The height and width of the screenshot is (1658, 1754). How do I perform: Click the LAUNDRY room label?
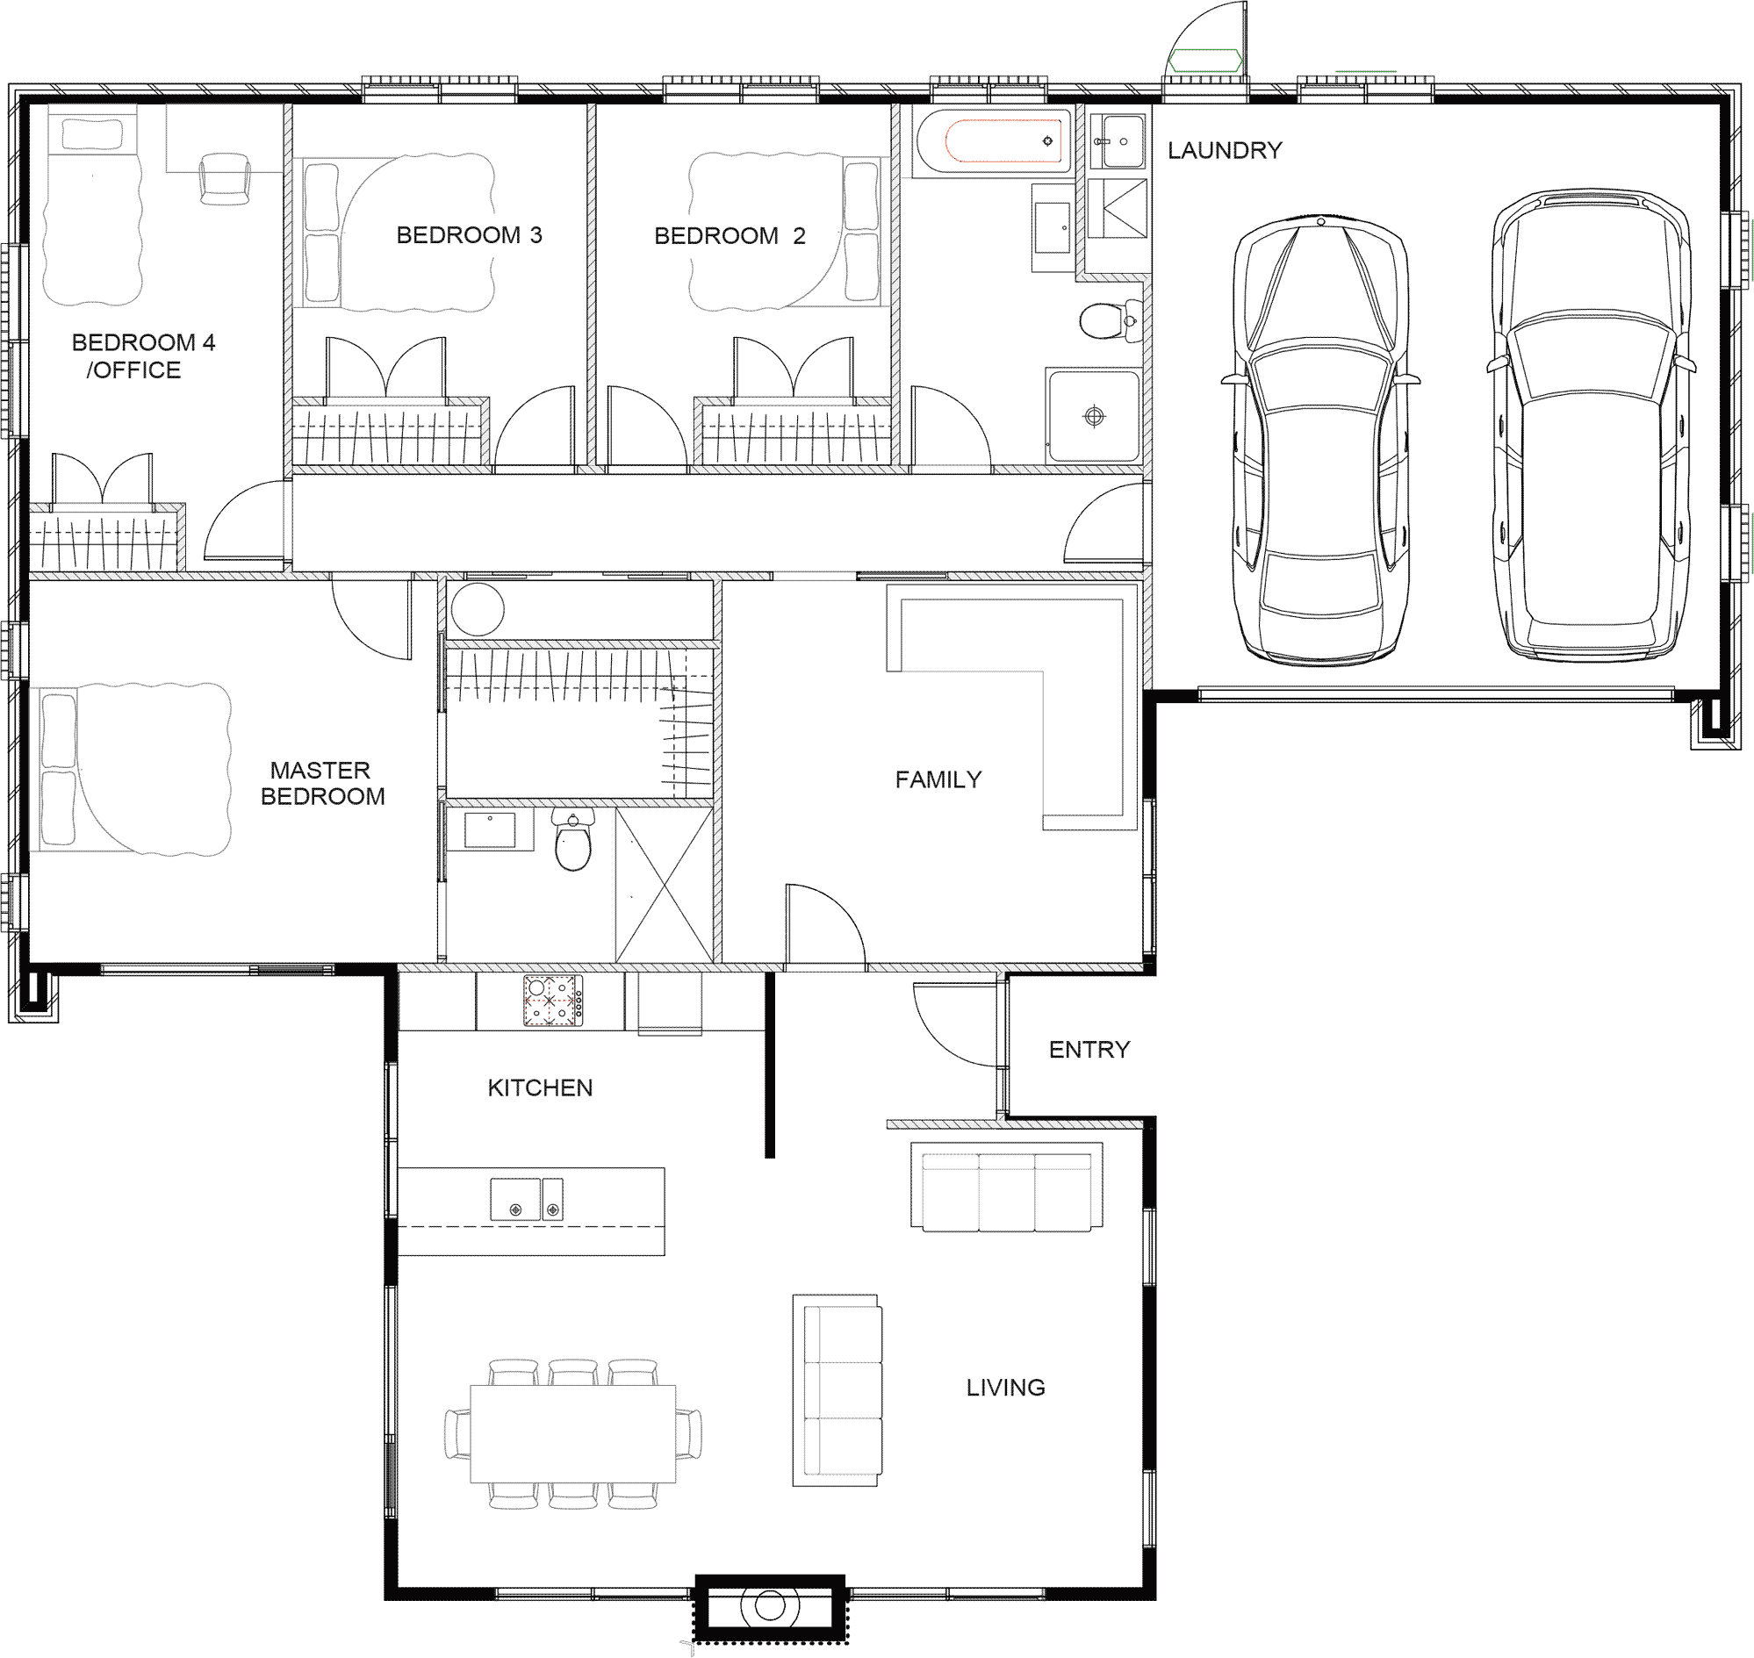pos(1225,150)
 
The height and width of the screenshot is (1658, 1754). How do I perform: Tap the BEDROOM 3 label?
pos(469,235)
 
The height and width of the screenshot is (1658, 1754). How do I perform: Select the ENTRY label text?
pos(1089,1050)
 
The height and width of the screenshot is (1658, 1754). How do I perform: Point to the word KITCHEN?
pos(540,1088)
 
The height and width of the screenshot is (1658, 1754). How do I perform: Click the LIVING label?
pos(1005,1388)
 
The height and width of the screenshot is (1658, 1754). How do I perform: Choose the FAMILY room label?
pos(938,779)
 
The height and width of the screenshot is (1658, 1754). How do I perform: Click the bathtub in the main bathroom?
pos(995,141)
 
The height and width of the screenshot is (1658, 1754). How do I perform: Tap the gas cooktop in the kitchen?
pos(552,1001)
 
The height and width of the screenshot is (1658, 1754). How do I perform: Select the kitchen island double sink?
pos(527,1199)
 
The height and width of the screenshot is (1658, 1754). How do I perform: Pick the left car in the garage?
pos(1321,439)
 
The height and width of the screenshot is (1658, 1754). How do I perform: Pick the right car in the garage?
pos(1591,424)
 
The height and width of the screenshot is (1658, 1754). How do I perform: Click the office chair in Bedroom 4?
pos(225,178)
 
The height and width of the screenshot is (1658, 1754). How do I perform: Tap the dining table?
pos(573,1433)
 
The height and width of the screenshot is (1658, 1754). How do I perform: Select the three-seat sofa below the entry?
pos(1006,1186)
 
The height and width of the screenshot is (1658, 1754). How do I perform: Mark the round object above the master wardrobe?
pos(478,609)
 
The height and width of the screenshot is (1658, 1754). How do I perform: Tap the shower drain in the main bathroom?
pos(1094,415)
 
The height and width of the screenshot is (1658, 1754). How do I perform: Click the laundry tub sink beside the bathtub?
pos(1118,141)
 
